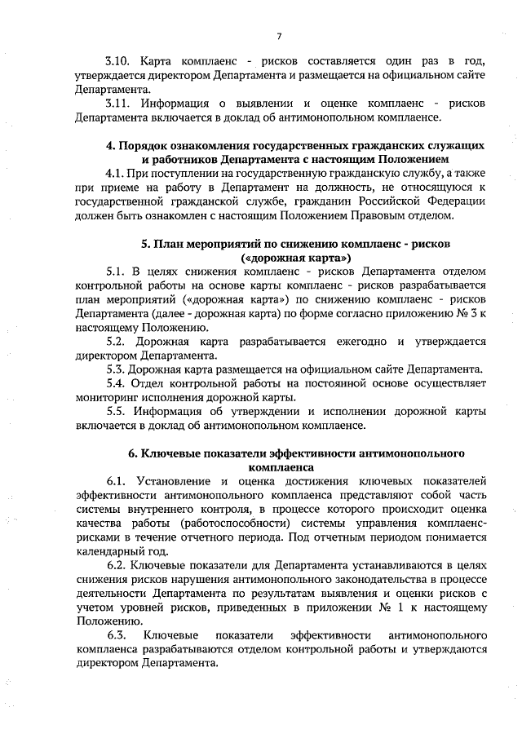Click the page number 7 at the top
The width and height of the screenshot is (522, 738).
279,36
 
